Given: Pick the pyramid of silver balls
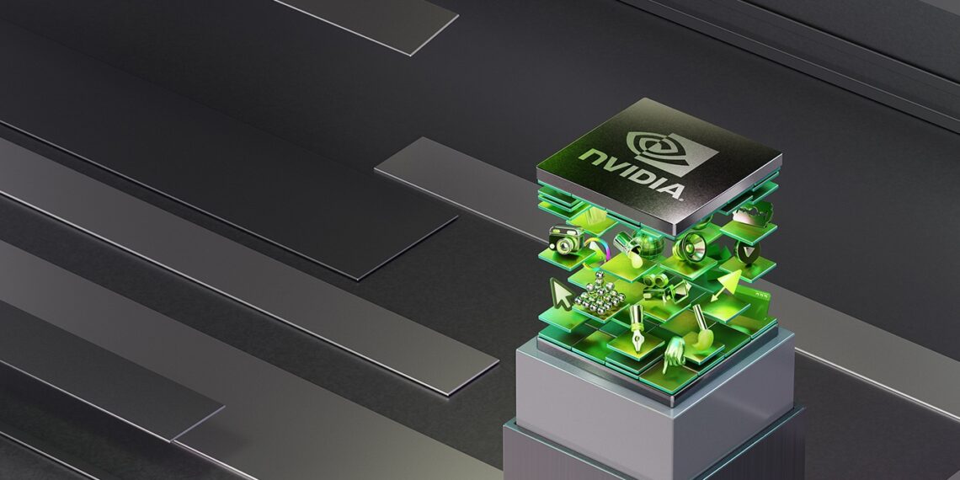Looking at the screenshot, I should (x=600, y=296).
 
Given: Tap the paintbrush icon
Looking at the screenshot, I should (x=701, y=322).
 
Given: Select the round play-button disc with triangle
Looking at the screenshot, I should (x=745, y=250).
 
